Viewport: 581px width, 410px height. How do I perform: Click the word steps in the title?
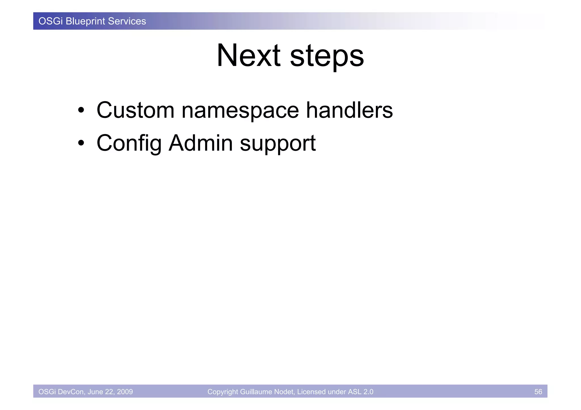[327, 57]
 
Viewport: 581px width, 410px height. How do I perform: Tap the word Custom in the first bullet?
[135, 110]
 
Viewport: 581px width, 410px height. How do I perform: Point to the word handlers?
[349, 110]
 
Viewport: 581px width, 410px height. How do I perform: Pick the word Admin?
[201, 143]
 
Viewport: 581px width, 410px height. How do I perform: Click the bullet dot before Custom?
[81, 111]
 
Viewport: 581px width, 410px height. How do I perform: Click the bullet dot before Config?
[81, 143]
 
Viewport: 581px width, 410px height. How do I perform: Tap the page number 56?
[538, 392]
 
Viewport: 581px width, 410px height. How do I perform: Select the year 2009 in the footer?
[125, 392]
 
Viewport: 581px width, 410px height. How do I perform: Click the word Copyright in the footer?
[223, 392]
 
